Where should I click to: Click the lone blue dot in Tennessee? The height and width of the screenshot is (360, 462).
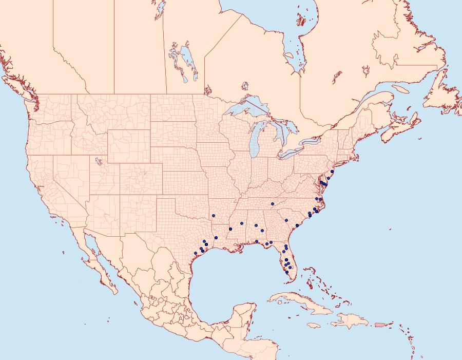273,204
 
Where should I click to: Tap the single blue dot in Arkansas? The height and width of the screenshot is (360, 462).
213,216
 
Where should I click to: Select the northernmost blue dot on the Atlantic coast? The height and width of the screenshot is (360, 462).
332,172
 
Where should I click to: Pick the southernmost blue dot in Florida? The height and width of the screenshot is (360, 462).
287,272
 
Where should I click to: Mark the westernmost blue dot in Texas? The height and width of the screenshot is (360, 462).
196,253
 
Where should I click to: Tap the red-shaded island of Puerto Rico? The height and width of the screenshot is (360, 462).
380,324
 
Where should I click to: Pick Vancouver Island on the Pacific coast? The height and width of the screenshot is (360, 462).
21,93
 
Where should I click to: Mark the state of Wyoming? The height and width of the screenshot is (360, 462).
128,144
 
